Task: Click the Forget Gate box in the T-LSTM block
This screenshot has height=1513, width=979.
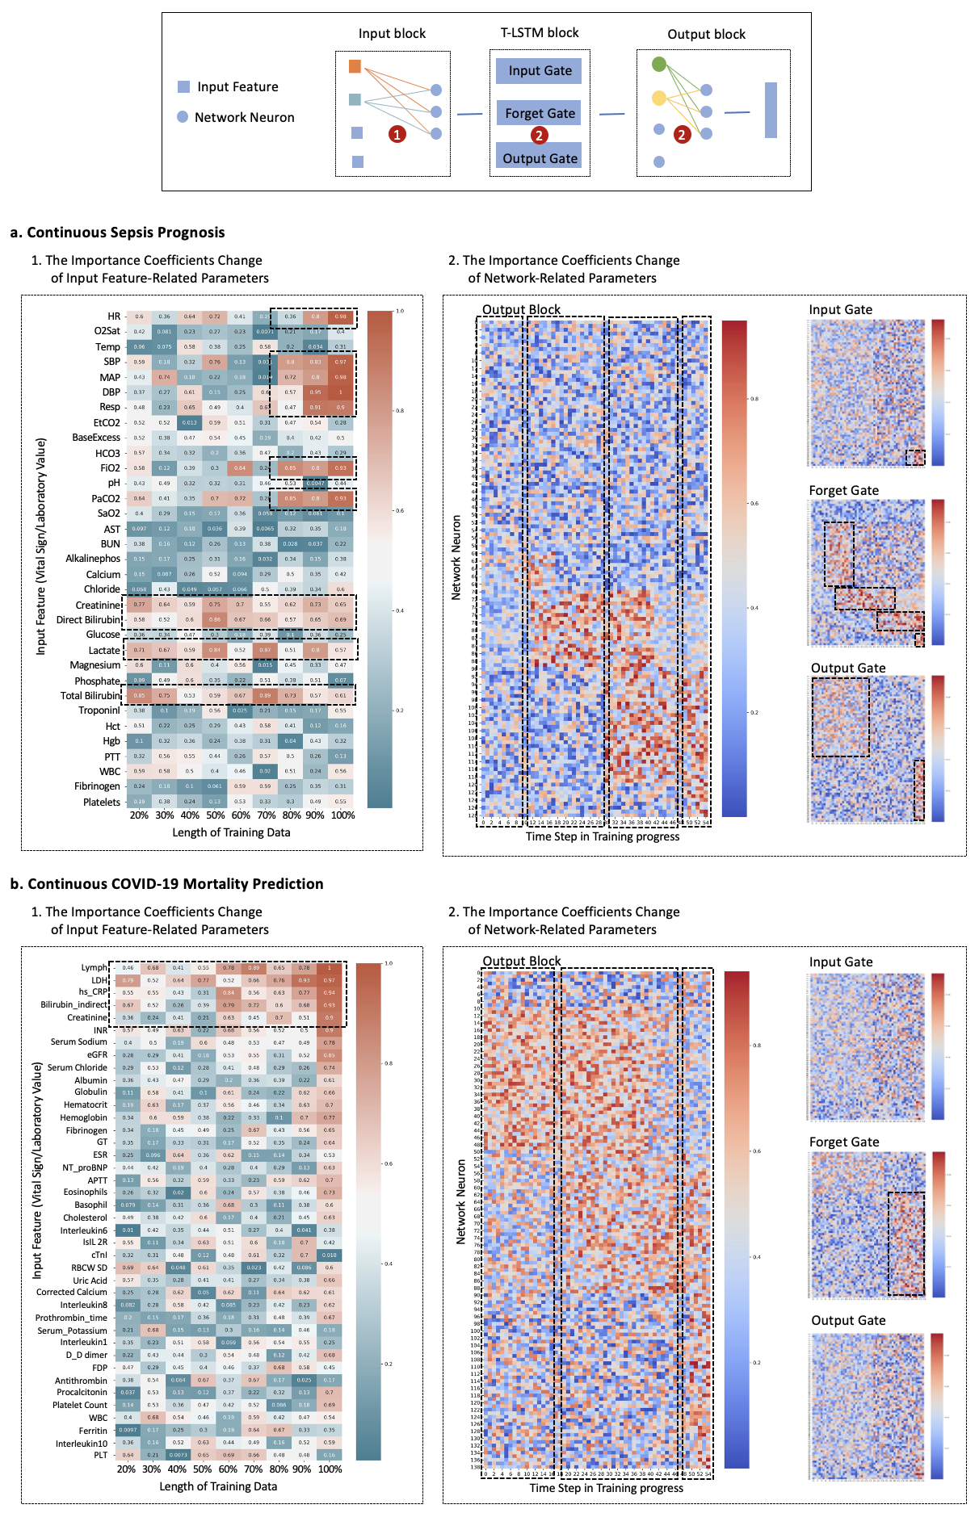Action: [540, 113]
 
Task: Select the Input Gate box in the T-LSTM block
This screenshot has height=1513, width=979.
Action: [540, 71]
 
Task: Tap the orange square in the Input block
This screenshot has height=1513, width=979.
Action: [355, 66]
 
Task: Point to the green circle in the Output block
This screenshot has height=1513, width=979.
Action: [659, 64]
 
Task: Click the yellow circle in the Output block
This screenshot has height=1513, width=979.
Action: [659, 98]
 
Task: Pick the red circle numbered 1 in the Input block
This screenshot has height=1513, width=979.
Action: [397, 135]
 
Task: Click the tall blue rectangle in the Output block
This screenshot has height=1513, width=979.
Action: [771, 110]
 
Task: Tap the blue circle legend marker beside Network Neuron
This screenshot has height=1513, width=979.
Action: [183, 117]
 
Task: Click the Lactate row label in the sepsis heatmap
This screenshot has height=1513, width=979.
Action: [104, 650]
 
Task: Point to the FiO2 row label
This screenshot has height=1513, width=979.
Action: [110, 468]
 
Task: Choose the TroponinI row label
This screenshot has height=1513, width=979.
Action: [99, 710]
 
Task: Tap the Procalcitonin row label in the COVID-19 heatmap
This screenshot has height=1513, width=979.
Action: [82, 1392]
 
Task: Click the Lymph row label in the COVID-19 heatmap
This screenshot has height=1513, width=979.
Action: [94, 967]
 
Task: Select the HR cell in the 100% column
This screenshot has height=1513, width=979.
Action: [341, 316]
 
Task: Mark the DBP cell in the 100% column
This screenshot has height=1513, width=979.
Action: [341, 392]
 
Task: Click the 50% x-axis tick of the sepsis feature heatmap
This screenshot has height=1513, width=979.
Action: [215, 815]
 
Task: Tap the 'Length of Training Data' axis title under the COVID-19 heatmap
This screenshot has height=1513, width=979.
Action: [218, 1486]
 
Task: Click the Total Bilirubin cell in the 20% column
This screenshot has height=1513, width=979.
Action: [140, 695]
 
